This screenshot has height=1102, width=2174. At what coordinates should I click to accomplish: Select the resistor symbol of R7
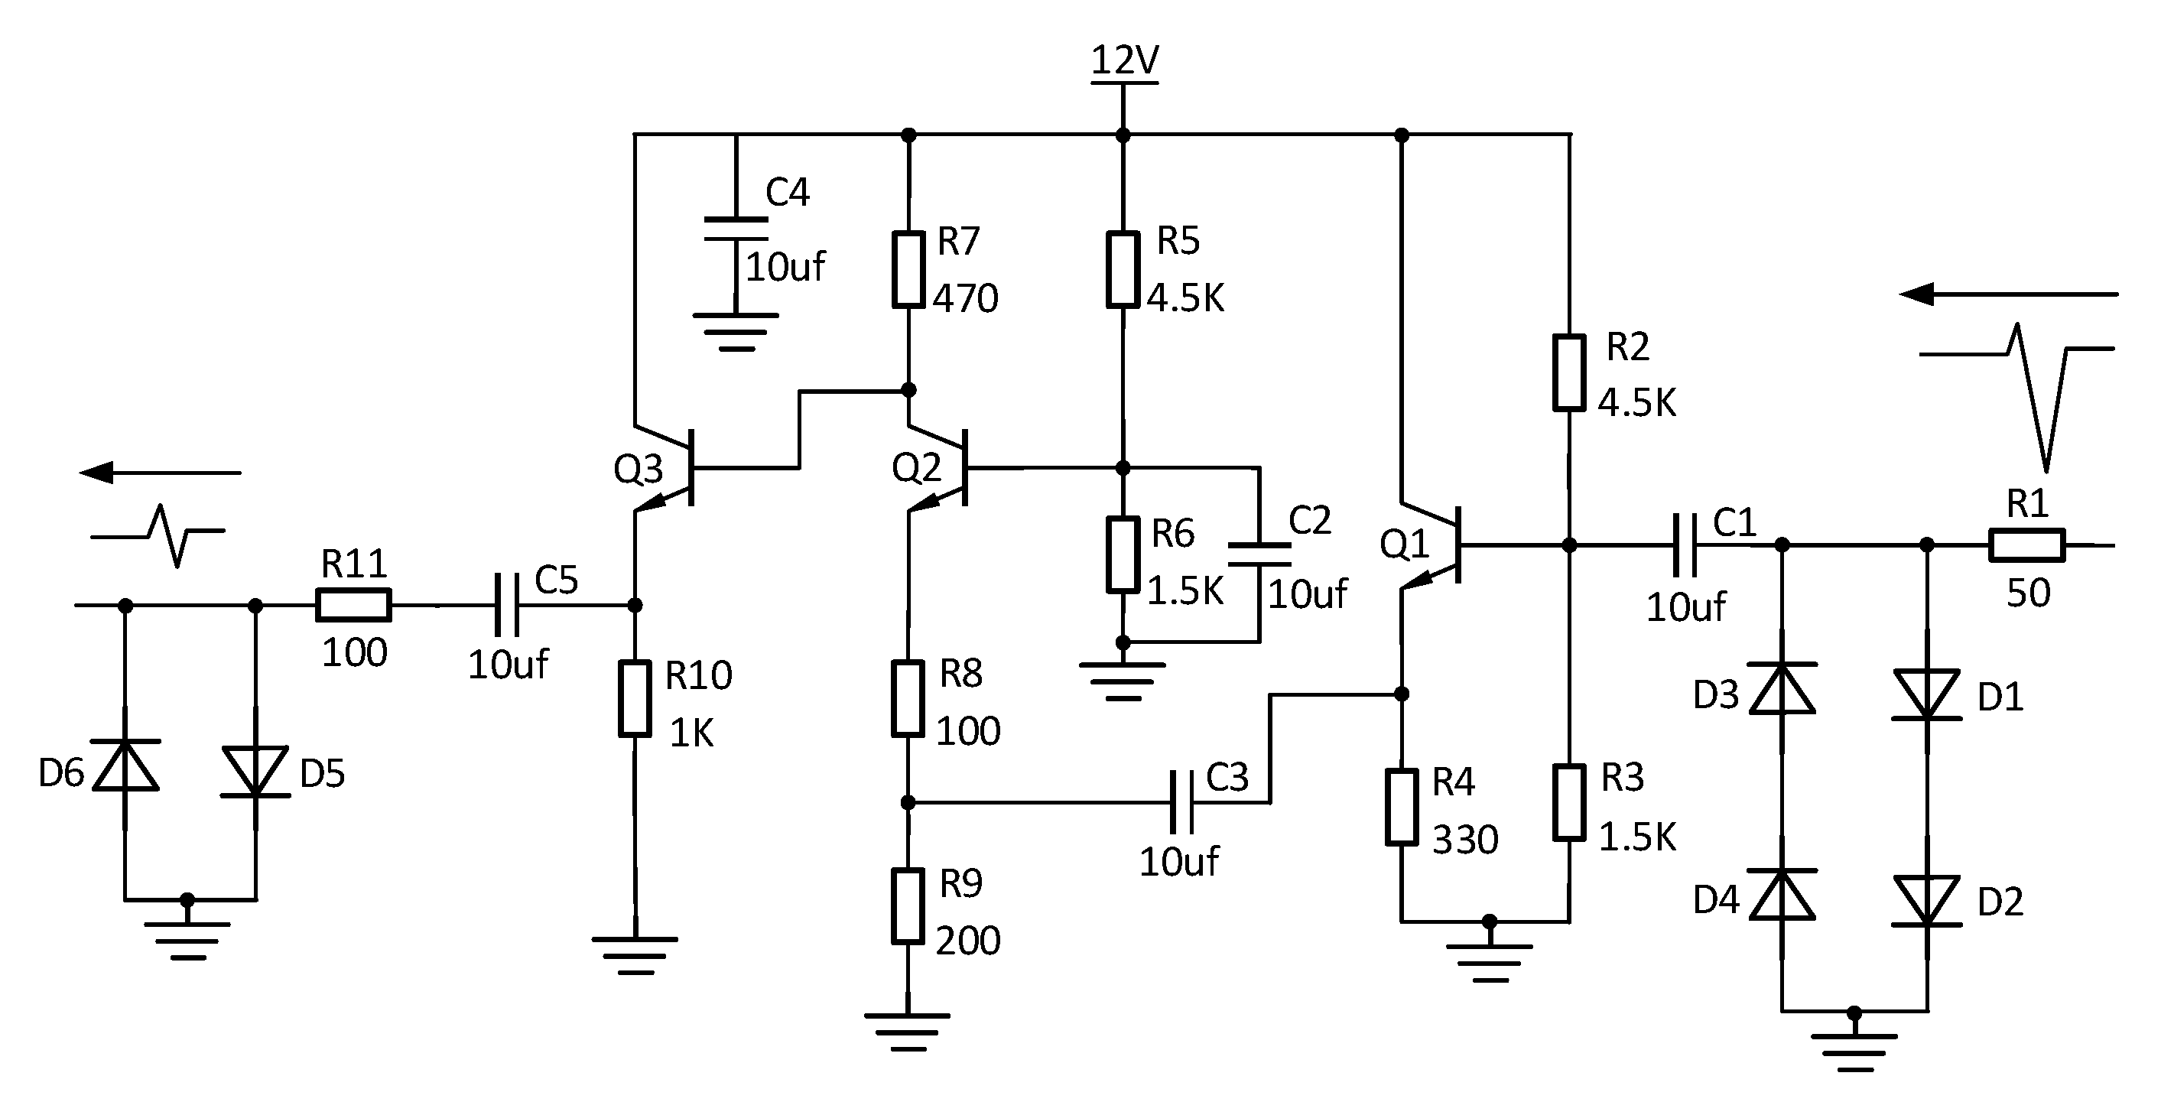point(908,269)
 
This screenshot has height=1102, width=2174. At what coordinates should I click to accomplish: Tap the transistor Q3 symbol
point(675,468)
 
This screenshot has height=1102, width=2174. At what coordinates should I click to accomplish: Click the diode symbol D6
point(125,766)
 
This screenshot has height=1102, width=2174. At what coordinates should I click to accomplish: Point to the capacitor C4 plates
point(736,229)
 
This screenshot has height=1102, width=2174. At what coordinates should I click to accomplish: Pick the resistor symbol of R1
point(2027,545)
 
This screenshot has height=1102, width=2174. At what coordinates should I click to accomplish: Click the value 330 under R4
point(1465,840)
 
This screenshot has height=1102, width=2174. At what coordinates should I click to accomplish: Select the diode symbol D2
point(1927,901)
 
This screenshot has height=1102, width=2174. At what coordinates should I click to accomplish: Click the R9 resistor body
point(908,906)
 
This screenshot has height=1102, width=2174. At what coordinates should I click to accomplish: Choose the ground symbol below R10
point(635,954)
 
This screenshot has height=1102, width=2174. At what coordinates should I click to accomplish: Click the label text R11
point(353,564)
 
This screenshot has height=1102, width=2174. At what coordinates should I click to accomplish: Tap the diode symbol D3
point(1782,689)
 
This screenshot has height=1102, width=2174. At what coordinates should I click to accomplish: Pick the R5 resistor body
point(1123,269)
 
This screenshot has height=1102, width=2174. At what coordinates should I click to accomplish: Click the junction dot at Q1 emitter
point(1402,694)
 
